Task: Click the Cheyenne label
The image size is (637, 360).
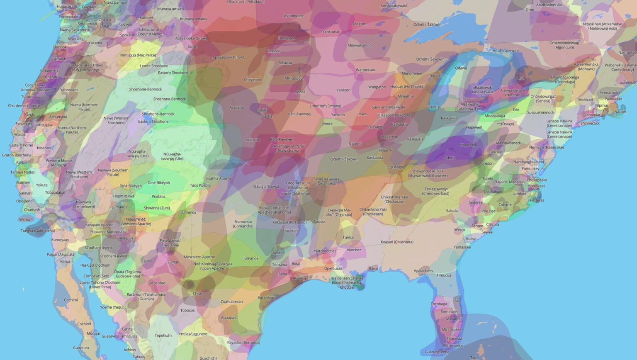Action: pos(252,80)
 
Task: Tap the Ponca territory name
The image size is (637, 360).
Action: pos(300,92)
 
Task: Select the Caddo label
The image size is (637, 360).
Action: pos(319,221)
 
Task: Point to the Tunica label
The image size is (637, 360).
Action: pos(348,238)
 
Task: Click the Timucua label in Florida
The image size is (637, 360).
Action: pos(444,275)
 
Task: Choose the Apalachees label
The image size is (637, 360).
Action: pos(423,271)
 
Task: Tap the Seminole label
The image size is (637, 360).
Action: pos(449,312)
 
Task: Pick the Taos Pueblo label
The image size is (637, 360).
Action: pos(200,185)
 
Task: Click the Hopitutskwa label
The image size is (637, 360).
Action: pos(124,196)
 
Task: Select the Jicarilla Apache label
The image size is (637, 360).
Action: pos(219,178)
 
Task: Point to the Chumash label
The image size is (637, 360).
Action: pos(32,210)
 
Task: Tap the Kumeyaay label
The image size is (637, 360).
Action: pos(60,240)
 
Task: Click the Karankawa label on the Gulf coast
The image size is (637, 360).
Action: pos(267,297)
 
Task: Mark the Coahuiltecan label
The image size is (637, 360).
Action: pos(231,302)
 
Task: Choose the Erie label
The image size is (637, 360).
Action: pos(515,110)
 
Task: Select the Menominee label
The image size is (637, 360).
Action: pos(411,73)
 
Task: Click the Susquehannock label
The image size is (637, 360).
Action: pos(540,112)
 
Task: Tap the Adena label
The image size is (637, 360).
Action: pos(450,158)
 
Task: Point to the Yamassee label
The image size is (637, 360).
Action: pos(462,247)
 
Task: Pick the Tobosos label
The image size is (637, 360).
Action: pos(187,310)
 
